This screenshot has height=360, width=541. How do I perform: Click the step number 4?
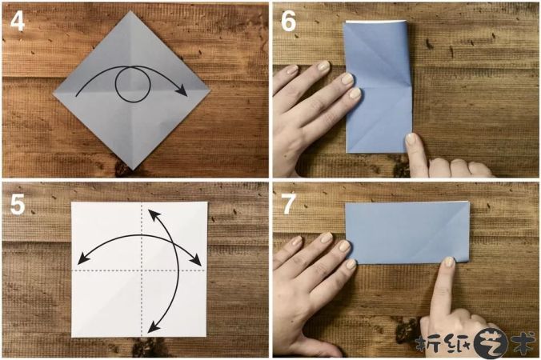pos(18,22)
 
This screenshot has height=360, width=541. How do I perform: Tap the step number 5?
pos(18,204)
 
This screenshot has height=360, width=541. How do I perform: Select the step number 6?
pos(288,22)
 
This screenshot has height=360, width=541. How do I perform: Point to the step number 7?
pos(288,204)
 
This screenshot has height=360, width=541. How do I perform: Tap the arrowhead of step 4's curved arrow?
pos(182,90)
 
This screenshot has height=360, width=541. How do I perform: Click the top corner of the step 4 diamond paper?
pos(131,11)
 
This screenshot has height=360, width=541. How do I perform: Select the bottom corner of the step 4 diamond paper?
pos(132,170)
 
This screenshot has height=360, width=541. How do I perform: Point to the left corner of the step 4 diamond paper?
pos(54,93)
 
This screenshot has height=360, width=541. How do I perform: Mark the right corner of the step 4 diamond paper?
pos(210,91)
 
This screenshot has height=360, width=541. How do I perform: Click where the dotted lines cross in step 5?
pos(142,270)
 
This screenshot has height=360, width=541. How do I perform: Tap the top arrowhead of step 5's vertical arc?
pos(153,214)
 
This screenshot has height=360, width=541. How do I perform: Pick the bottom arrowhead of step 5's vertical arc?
pos(154,326)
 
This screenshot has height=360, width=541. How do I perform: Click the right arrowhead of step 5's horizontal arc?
pos(196,259)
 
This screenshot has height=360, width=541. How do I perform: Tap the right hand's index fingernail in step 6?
pos(411,138)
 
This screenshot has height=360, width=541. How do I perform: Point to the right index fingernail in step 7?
pos(449,262)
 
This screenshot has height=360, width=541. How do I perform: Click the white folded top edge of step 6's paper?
pos(375,22)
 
